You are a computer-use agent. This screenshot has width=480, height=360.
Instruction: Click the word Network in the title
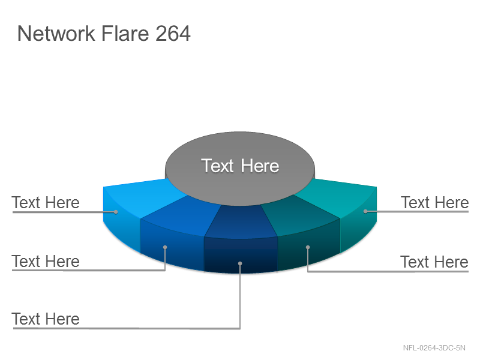56,33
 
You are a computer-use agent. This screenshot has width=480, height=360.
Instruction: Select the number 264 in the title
173,33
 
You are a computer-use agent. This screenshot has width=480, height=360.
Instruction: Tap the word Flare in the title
125,33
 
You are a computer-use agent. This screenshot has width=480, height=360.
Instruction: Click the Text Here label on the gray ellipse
240,166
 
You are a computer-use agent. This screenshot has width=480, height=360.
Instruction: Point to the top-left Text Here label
46,203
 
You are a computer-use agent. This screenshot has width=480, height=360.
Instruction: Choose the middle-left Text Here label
46,262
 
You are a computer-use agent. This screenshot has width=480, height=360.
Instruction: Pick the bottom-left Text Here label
46,319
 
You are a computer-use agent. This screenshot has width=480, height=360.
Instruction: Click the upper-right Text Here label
434,203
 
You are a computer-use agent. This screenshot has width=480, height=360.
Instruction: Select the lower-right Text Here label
434,262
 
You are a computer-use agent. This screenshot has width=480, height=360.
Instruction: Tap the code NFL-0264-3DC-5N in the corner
434,348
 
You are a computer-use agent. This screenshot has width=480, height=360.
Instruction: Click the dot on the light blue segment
116,212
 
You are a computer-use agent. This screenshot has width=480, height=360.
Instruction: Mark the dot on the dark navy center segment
240,263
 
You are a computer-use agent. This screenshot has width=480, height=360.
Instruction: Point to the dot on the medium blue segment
165,247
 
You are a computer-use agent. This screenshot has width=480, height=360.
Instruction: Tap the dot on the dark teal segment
308,247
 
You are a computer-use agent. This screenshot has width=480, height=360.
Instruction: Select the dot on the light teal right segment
365,211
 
